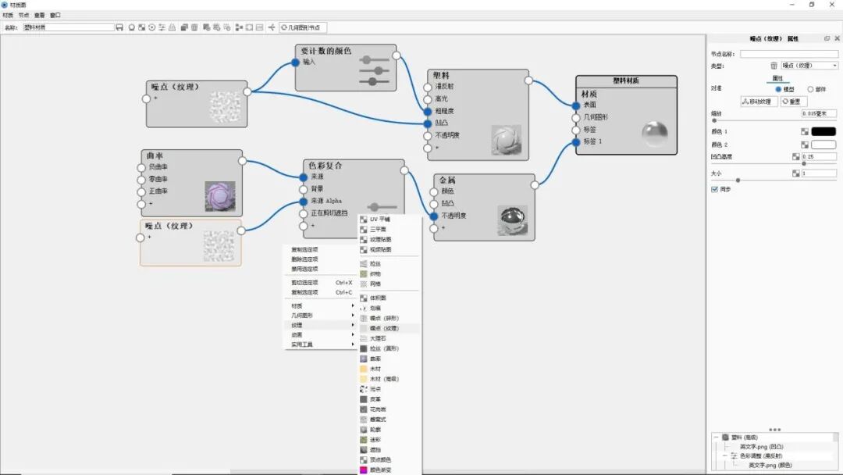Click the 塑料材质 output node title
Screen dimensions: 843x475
[626, 80]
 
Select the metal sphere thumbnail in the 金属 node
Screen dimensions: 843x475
[511, 220]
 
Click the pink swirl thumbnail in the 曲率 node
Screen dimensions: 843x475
[219, 196]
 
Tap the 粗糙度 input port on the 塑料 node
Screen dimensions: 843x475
[428, 111]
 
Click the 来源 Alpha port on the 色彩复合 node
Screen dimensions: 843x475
[304, 201]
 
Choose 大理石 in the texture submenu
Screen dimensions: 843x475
[378, 338]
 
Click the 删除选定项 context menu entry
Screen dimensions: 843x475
[304, 259]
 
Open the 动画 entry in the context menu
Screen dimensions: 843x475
[297, 334]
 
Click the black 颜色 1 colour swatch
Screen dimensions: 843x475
[823, 131]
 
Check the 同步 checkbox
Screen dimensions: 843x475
[714, 189]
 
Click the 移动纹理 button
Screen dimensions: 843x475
[759, 102]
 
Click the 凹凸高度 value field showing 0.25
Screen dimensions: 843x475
[819, 156]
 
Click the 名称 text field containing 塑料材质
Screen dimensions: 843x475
[69, 27]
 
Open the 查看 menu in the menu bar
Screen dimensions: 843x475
[39, 15]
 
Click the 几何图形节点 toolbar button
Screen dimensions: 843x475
[304, 27]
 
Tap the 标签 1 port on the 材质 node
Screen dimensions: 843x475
[577, 141]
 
